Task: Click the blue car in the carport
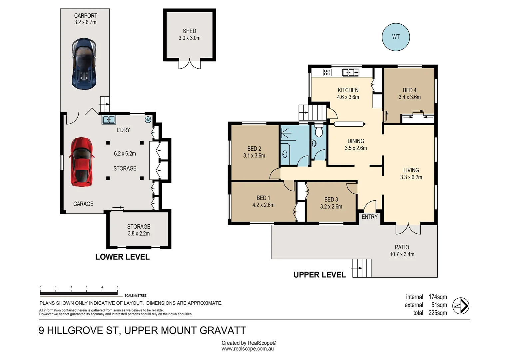tap(84, 64)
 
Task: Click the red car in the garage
tap(81, 162)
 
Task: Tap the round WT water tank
tap(395, 37)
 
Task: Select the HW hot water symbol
tap(148, 120)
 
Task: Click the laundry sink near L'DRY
tap(109, 119)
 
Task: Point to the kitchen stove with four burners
tap(327, 72)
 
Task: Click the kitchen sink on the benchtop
tap(350, 72)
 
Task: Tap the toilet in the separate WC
tap(319, 132)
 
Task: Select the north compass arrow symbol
tap(461, 306)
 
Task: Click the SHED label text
tap(189, 31)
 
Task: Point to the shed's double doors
tap(190, 64)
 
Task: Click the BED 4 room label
tap(409, 90)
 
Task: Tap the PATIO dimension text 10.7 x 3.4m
tap(402, 254)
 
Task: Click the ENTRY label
tap(369, 217)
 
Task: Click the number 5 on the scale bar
tap(117, 287)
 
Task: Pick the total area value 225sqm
tap(437, 313)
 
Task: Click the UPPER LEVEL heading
tap(319, 275)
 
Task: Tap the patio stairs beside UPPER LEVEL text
tap(361, 268)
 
